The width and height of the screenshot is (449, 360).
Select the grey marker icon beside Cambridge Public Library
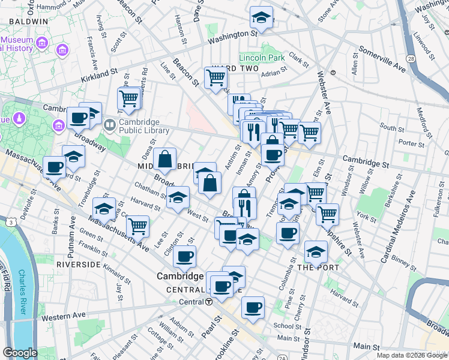[x=109, y=125]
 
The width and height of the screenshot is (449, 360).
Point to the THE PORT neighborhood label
[x=318, y=268]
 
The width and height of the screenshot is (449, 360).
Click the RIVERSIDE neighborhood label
[x=78, y=264]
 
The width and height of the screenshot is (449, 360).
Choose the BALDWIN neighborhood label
[x=28, y=21]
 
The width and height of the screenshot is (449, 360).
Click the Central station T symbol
[x=208, y=302]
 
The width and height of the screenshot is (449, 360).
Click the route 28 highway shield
[x=411, y=59]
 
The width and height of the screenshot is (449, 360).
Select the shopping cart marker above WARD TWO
[x=215, y=77]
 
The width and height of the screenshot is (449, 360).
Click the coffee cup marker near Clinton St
[x=184, y=257]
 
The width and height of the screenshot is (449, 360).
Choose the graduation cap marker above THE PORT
[x=315, y=253]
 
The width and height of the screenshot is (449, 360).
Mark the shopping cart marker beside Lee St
[x=137, y=226]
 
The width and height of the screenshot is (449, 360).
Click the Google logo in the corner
[x=20, y=353]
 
